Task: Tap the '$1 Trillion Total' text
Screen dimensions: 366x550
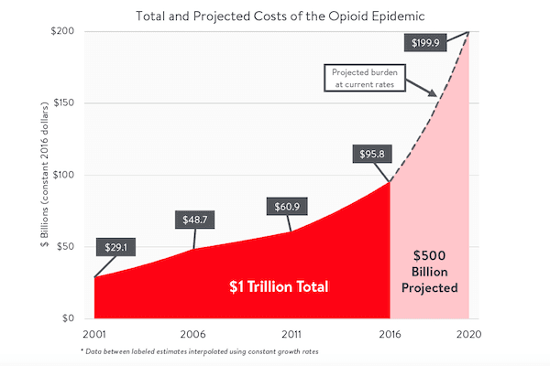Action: pos(279,286)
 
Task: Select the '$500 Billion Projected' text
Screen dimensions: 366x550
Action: pos(430,270)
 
